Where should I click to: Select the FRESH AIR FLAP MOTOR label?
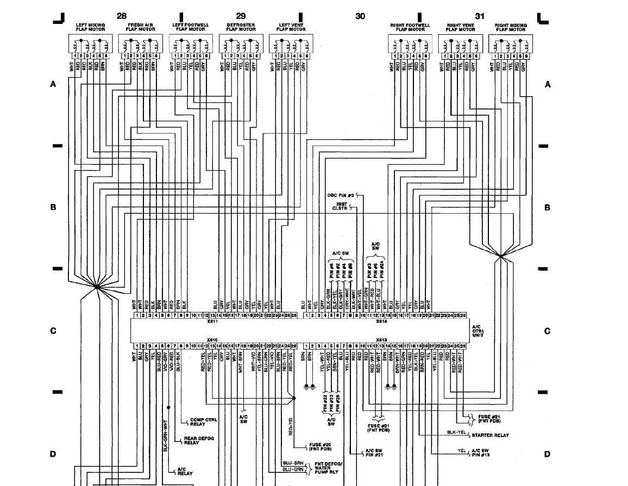(141, 27)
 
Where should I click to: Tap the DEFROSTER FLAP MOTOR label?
(241, 27)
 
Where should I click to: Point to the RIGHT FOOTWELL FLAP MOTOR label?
(410, 27)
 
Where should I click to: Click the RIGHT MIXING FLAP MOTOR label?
(510, 27)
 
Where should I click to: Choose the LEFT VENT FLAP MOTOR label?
(291, 27)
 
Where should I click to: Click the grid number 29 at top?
(241, 16)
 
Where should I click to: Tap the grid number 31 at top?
(480, 16)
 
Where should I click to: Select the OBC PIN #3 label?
(341, 195)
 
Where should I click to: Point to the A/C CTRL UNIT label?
(478, 331)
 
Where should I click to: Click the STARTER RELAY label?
(490, 435)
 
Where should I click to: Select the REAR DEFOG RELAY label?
(199, 440)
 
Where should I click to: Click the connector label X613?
(381, 340)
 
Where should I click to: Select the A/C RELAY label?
(185, 471)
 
